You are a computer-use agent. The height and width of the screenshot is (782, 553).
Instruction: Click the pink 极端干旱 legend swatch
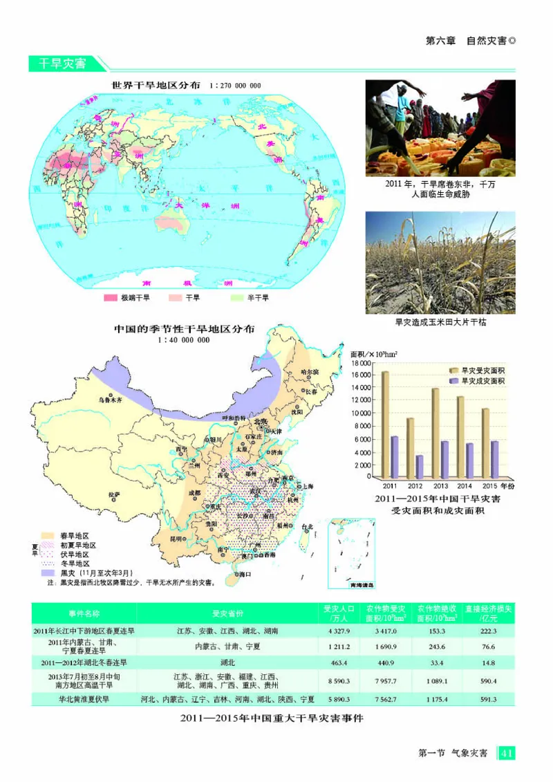[x=110, y=298]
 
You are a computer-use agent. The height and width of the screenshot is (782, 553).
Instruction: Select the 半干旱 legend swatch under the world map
[x=236, y=298]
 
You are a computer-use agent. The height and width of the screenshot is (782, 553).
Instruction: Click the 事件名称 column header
[x=84, y=613]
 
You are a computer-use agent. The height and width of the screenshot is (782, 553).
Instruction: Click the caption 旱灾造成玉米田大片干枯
[x=440, y=322]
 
